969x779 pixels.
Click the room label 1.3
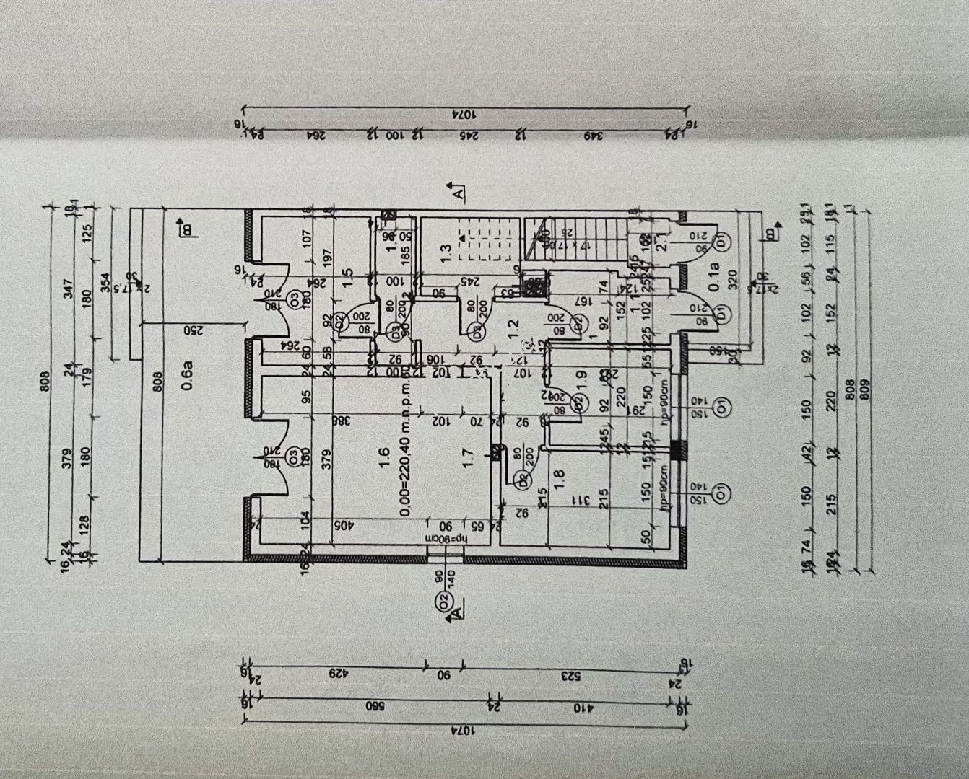tap(446, 252)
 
